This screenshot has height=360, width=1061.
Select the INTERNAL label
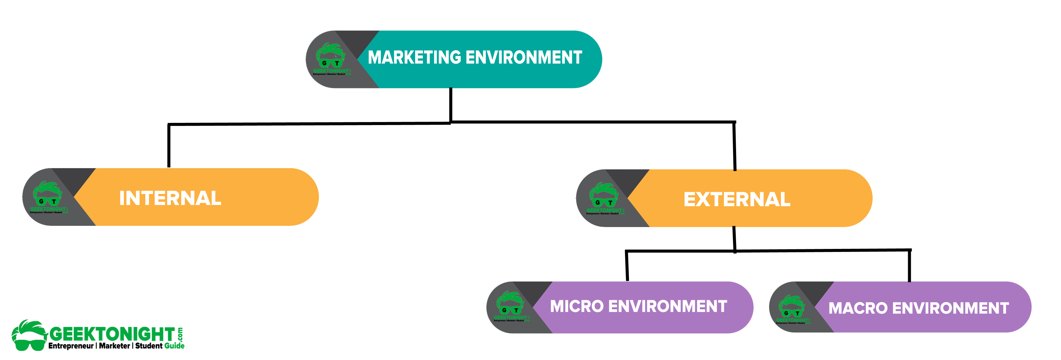pyautogui.click(x=170, y=198)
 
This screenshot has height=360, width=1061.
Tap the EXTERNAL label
pyautogui.click(x=737, y=199)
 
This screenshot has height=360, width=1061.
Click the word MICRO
pyautogui.click(x=577, y=307)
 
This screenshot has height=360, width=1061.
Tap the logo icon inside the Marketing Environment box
pyautogui.click(x=330, y=59)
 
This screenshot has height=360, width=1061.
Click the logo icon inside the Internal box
pyautogui.click(x=47, y=196)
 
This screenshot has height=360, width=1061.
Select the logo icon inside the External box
pyautogui.click(x=603, y=198)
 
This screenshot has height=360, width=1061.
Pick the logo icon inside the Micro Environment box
pyautogui.click(x=510, y=306)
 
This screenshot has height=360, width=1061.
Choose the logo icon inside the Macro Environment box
pyautogui.click(x=791, y=308)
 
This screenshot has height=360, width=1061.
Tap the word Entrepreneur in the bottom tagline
pyautogui.click(x=71, y=346)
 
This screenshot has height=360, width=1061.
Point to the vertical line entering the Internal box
pyautogui.click(x=169, y=146)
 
